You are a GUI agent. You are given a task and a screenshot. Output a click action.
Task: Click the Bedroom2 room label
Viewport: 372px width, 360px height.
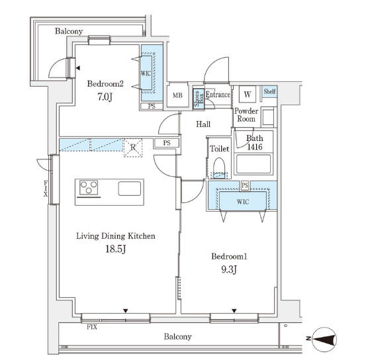coord(105,84)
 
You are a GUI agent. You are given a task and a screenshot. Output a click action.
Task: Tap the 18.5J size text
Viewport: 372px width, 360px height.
coord(116,249)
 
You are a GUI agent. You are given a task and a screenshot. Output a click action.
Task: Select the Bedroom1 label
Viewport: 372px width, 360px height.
coord(229,256)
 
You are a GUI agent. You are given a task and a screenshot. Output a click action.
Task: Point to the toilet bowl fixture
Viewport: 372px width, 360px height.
coord(219,168)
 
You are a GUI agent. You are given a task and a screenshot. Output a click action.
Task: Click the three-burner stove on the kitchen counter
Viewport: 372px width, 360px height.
coord(89,187)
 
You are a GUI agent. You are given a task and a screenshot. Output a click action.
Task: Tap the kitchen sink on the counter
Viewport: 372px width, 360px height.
coord(130,189)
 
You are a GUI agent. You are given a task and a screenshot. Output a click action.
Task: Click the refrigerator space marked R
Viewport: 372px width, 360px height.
coord(133,148)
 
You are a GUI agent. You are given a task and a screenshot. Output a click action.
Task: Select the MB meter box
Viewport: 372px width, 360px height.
coord(177,95)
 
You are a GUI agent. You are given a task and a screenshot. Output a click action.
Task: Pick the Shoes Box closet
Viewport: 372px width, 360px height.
coord(199,99)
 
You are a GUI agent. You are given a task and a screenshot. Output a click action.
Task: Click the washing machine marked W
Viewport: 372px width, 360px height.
coord(247,94)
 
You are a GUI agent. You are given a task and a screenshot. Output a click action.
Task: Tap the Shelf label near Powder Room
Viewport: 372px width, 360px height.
coord(270,91)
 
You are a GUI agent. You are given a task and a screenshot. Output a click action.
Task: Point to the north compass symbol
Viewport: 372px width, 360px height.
coord(324,339)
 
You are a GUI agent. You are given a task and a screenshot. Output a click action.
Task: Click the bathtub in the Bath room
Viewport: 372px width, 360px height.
coord(254,164)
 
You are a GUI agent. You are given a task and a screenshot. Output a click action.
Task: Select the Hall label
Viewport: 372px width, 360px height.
coord(203,124)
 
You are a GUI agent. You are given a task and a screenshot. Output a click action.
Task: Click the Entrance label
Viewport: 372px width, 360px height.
coord(218,95)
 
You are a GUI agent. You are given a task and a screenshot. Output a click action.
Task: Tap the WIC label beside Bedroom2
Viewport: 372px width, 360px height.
coord(146,73)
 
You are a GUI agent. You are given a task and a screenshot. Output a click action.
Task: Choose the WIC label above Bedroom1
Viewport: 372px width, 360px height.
coord(243,202)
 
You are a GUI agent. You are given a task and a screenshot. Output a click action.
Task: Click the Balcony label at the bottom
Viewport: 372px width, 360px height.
coord(177,337)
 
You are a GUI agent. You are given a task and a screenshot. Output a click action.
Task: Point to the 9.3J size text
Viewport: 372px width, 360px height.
coord(229,269)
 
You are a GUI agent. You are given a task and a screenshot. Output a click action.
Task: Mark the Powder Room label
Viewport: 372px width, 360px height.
coord(246,114)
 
